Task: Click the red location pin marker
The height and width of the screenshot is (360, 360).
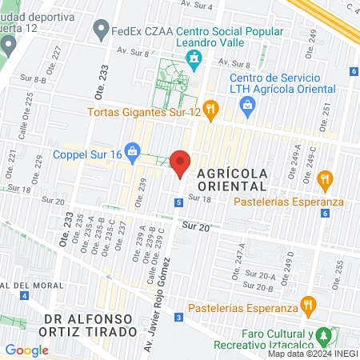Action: point(181,163)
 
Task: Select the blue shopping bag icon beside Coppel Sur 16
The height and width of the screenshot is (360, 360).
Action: point(134,150)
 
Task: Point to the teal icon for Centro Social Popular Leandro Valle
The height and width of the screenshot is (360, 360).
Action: point(193,58)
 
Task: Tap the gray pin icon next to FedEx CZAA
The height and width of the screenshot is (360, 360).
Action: point(100,32)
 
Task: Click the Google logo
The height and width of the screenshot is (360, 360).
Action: point(26,350)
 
